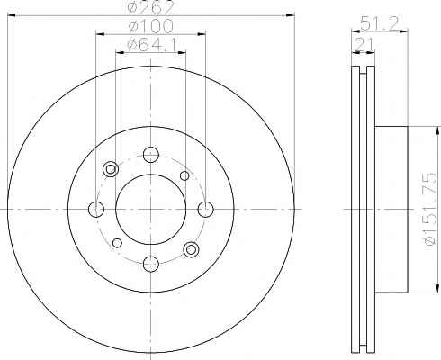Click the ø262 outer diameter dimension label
coord(151,7)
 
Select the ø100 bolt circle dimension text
coord(151,26)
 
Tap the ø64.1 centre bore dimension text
coord(151,45)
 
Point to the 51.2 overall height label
coord(380,23)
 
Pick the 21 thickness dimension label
coord(364,45)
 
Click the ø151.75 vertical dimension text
coord(430,209)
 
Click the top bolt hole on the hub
coord(151,155)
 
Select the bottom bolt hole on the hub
coord(151,264)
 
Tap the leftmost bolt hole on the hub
coord(96,209)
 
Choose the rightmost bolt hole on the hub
coord(206,209)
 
